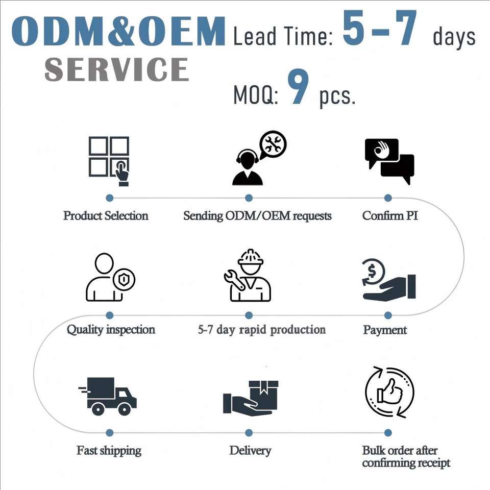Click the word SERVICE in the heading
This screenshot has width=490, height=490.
point(116,70)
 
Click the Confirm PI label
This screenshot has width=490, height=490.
point(390,215)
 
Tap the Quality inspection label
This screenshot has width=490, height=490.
point(111,330)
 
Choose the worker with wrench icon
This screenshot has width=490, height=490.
point(248,276)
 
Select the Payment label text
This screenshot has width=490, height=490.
point(385,330)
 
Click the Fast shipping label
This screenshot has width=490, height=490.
point(109,451)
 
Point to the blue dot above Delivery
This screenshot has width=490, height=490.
point(249,433)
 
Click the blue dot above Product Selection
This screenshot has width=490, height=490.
point(109,198)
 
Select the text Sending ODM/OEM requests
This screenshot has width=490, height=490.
point(257,216)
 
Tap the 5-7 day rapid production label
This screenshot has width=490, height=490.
point(261,330)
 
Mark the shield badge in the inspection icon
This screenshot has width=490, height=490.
point(124,280)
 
